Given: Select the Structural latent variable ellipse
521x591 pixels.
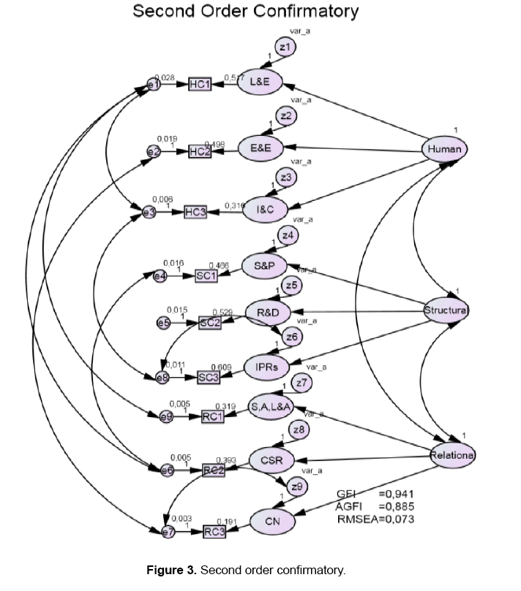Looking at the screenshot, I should click(446, 311).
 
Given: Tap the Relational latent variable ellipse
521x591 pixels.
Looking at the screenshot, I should click(452, 454).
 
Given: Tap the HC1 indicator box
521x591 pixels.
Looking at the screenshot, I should click(200, 85).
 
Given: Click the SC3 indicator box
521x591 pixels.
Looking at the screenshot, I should click(210, 377).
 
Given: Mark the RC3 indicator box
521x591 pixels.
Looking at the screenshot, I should click(214, 533).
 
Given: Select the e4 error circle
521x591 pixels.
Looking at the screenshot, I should click(160, 275).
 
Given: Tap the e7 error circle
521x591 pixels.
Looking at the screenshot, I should click(169, 533).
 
